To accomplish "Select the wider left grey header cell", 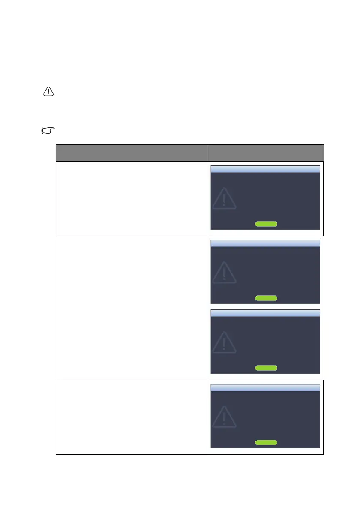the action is (132, 153).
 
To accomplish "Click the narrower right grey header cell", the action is (265, 153).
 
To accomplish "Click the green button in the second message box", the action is (266, 298).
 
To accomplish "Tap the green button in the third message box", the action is (266, 368).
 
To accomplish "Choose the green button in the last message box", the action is (266, 442).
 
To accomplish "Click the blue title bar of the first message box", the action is (266, 169).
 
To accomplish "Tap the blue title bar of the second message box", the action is (266, 243).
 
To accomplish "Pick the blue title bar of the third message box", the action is (266, 313).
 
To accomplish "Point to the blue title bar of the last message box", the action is (266, 387).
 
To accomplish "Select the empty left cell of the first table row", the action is (132, 198).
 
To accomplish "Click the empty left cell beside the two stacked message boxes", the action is (132, 307).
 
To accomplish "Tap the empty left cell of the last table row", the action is (132, 417).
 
